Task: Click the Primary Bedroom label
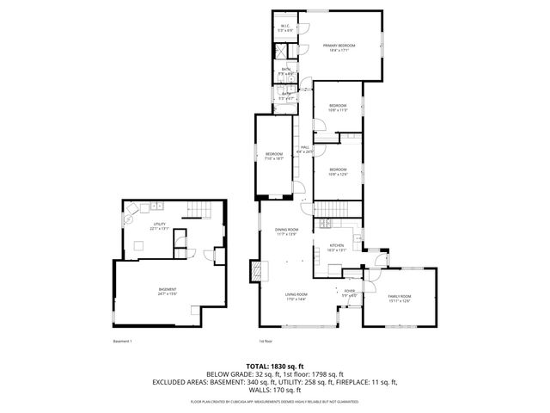coord(339,47)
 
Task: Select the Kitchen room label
coord(337,247)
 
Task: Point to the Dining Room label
coord(286,231)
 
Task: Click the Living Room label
coord(296,297)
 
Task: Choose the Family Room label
coord(400,298)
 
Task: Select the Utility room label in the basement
coord(159,226)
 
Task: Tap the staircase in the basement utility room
coord(199,212)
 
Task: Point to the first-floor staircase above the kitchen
coord(338,209)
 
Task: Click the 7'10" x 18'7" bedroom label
coord(274,157)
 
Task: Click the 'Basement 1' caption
coord(124,341)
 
